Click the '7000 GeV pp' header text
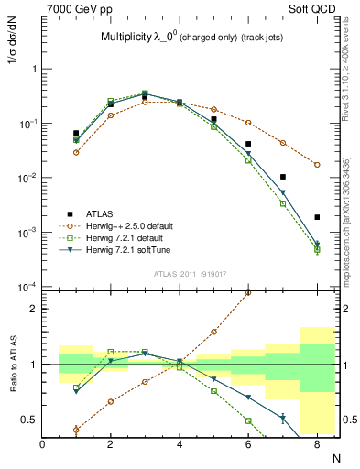(x=75, y=7)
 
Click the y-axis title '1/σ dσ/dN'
(x=11, y=52)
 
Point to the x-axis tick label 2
(x=110, y=443)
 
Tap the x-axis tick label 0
(x=42, y=443)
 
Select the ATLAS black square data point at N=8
(x=317, y=217)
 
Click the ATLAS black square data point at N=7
(x=283, y=177)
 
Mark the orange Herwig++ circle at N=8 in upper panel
(x=317, y=165)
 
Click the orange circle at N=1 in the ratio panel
(x=76, y=429)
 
